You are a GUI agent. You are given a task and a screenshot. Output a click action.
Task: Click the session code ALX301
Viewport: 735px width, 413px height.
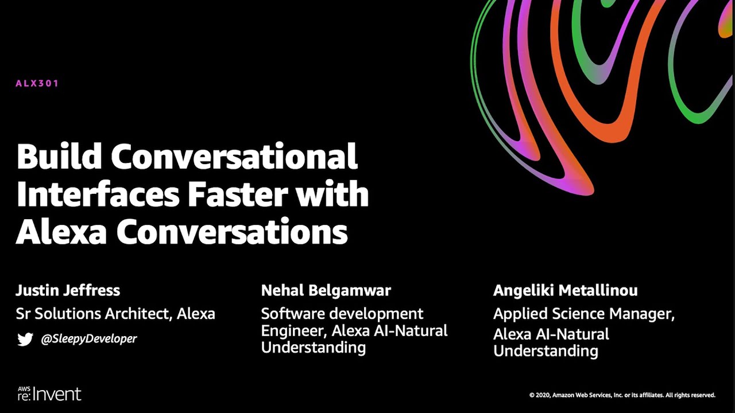click(x=37, y=83)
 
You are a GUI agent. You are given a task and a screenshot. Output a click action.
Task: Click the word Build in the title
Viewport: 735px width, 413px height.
click(x=59, y=156)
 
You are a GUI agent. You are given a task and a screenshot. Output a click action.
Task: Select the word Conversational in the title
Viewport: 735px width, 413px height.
click(x=234, y=156)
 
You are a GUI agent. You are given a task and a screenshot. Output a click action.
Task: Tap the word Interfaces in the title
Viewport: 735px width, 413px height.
click(x=98, y=194)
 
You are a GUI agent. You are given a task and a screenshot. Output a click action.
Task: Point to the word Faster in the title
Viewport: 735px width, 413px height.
click(x=237, y=194)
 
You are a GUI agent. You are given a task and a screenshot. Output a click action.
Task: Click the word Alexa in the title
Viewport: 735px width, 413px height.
click(x=61, y=232)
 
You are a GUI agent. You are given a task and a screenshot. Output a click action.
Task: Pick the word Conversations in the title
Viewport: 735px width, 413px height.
click(x=232, y=232)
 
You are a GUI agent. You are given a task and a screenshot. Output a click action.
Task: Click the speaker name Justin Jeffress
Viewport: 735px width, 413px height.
click(x=68, y=290)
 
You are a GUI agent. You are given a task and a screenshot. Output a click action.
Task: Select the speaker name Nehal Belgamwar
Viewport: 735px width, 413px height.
click(x=326, y=290)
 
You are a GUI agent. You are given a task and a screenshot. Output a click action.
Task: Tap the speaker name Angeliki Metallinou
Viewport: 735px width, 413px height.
click(x=565, y=290)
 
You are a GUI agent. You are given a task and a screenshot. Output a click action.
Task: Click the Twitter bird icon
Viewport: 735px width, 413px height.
click(x=25, y=339)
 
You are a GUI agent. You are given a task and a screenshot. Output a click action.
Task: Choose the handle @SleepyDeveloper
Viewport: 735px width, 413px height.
click(x=88, y=339)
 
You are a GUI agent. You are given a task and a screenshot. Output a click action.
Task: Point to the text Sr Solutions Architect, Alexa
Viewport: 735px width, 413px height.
click(x=115, y=314)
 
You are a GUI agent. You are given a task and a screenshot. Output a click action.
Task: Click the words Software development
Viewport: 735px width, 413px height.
click(x=342, y=314)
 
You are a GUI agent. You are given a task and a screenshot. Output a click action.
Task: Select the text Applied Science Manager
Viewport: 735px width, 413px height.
click(x=583, y=314)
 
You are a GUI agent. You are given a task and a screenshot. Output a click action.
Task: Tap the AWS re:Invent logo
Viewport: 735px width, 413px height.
click(x=49, y=393)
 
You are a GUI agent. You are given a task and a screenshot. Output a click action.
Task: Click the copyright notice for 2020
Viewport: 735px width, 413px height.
click(x=622, y=395)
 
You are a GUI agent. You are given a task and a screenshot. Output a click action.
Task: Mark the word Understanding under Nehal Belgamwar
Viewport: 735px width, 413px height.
click(x=313, y=348)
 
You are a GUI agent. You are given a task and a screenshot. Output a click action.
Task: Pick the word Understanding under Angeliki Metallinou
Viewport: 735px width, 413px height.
click(x=546, y=351)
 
